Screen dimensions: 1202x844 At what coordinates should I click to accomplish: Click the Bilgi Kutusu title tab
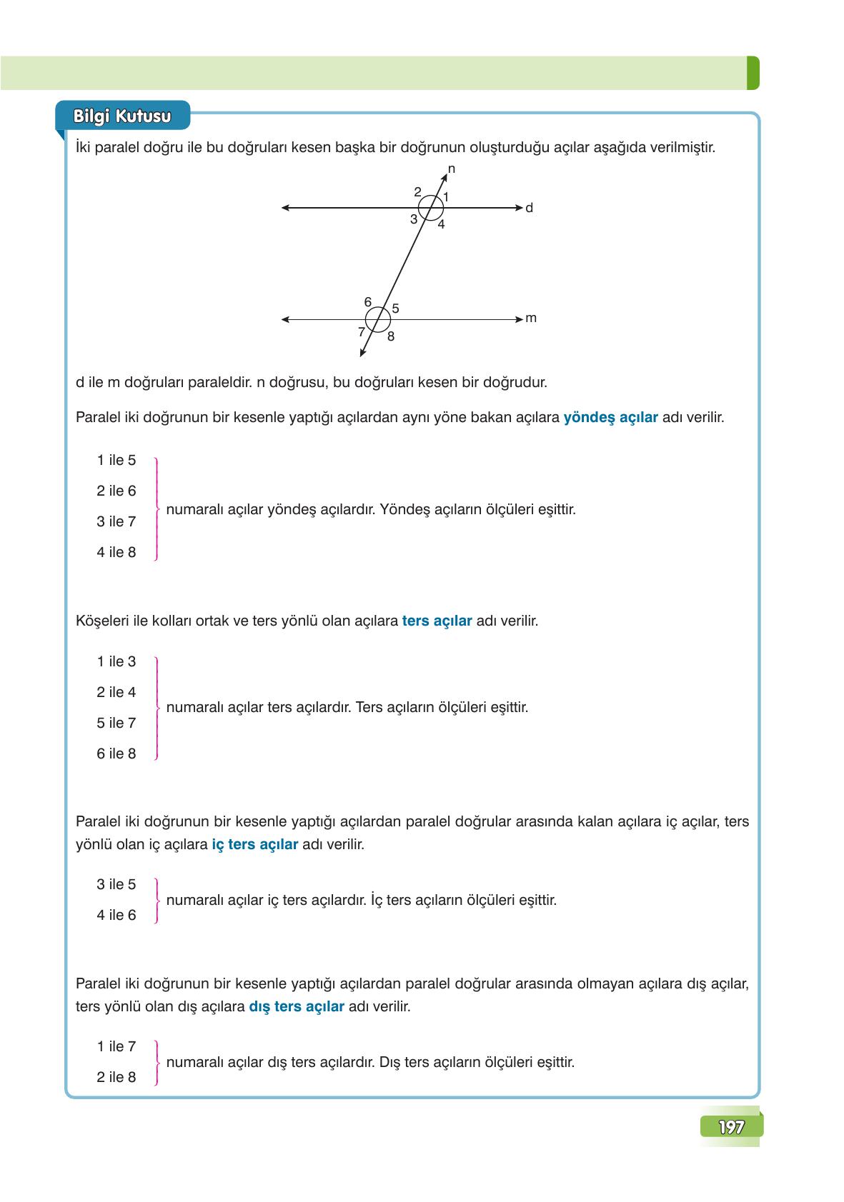[122, 116]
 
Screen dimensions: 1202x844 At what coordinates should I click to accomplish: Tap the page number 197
[731, 1127]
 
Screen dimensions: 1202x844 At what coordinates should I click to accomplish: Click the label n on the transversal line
[452, 169]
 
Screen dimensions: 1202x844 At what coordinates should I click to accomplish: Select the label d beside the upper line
[529, 208]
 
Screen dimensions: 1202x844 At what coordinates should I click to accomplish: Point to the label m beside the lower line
[530, 319]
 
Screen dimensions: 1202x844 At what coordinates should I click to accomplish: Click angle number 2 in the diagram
[417, 191]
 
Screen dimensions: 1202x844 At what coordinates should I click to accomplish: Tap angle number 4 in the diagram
[442, 224]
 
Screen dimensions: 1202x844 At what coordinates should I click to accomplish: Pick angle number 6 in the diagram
[368, 301]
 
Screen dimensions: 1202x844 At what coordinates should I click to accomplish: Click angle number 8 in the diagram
[391, 336]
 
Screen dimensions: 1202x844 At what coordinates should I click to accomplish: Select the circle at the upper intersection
[431, 208]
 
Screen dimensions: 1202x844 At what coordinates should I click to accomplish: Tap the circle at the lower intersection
[378, 319]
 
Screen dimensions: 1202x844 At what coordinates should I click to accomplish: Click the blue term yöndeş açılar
[610, 418]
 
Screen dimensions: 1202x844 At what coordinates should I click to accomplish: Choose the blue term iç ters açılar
[255, 844]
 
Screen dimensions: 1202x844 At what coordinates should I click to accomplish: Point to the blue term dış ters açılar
[297, 1006]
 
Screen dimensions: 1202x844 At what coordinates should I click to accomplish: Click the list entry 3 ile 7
[116, 522]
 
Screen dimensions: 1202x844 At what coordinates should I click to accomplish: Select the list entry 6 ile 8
[116, 754]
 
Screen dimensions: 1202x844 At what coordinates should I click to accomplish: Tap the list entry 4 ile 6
[116, 916]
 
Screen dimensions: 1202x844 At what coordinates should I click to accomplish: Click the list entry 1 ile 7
[116, 1047]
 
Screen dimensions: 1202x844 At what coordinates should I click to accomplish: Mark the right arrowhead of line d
[520, 208]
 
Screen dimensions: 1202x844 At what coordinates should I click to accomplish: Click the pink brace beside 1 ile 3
[156, 708]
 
